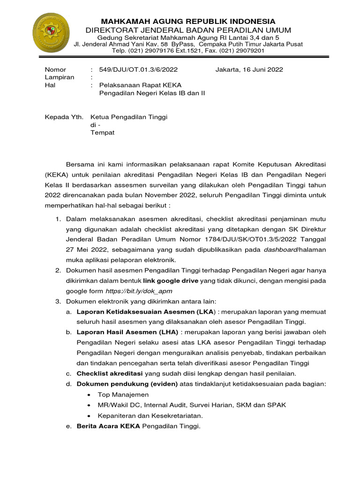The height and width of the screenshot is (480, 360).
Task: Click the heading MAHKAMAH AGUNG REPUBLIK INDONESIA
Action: [x=189, y=22]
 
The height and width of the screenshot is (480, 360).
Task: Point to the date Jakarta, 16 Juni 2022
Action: [x=249, y=69]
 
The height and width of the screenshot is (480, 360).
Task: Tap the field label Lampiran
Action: [x=59, y=77]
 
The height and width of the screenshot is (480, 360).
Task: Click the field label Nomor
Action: [x=55, y=69]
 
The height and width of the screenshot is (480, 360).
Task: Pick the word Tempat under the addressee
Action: [x=102, y=133]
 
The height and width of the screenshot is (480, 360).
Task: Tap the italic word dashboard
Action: [x=280, y=250]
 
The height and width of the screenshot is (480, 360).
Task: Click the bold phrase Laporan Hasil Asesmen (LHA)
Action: [x=127, y=332]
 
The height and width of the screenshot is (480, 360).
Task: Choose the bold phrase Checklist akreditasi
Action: [x=110, y=373]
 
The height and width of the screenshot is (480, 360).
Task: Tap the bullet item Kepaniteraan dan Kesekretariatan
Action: [x=150, y=415]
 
